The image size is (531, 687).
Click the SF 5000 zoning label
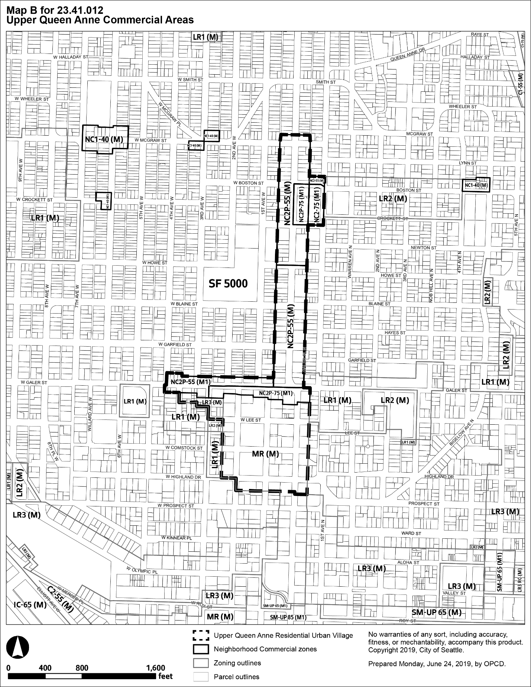[x=228, y=283]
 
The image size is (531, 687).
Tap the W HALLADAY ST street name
[x=71, y=57]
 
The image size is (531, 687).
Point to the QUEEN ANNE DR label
[x=407, y=54]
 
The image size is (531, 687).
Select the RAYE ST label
[x=480, y=35]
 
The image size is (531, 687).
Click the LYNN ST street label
[x=468, y=163]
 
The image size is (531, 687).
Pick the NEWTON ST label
[x=424, y=248]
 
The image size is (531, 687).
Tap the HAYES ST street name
[x=395, y=333]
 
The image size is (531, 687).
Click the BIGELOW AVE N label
[x=462, y=432]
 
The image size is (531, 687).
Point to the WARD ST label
[x=411, y=534]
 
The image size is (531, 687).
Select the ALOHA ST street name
[x=408, y=563]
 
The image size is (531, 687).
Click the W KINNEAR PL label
[x=177, y=538]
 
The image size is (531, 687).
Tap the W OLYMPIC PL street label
[x=142, y=570]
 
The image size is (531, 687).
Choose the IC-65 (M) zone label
[x=30, y=605]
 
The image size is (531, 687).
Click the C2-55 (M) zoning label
[x=61, y=599]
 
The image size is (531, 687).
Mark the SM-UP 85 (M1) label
[x=288, y=618]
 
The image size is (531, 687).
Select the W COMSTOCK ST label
[x=184, y=448]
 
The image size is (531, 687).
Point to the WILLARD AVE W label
[x=90, y=414]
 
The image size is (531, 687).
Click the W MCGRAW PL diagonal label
[x=170, y=114]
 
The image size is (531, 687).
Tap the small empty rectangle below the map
[x=201, y=663]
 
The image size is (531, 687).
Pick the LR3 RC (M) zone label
[x=519, y=580]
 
